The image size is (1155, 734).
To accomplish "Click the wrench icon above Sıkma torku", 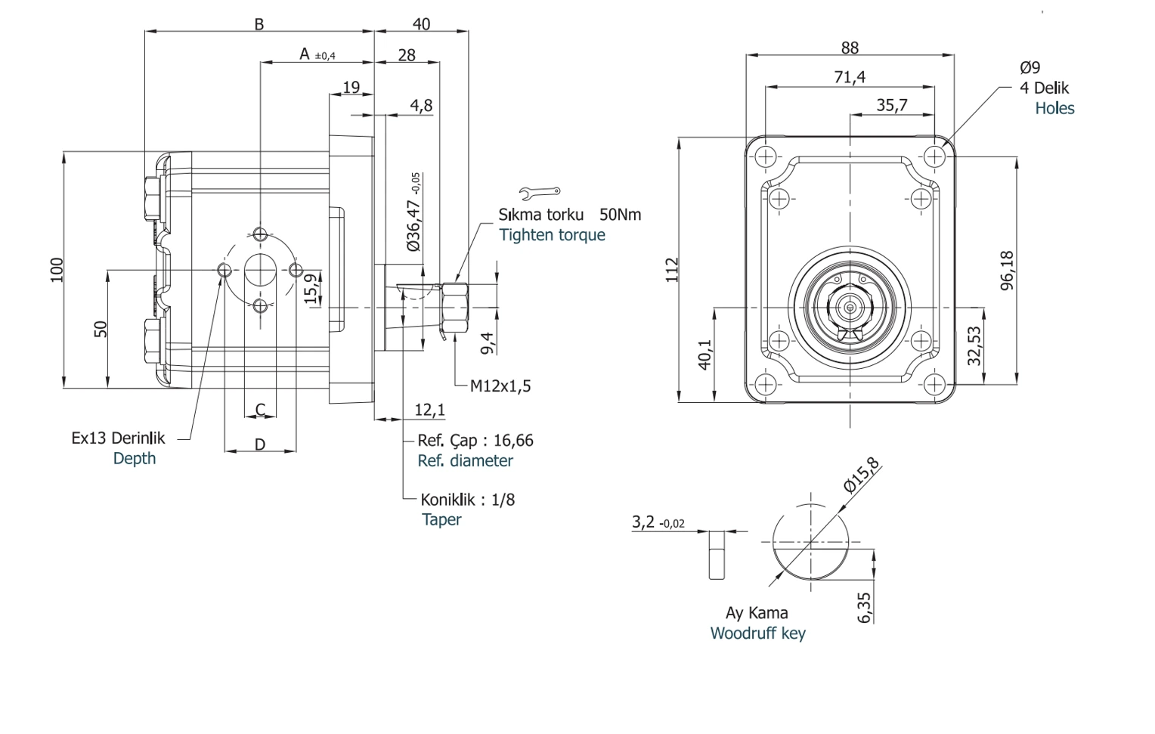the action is click(x=540, y=193).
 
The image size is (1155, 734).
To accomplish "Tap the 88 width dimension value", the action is click(x=850, y=48).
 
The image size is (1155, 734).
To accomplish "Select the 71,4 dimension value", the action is click(x=850, y=77).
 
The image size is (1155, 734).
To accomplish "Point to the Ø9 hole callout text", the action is click(x=1030, y=67).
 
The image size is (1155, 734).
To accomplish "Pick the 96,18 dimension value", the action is click(x=1007, y=271).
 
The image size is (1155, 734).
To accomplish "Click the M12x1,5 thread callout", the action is click(x=500, y=386).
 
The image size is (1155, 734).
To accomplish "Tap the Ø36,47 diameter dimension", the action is click(x=414, y=212).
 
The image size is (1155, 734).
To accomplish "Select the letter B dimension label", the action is click(x=259, y=24).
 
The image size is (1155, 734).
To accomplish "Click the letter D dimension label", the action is click(x=260, y=444).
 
